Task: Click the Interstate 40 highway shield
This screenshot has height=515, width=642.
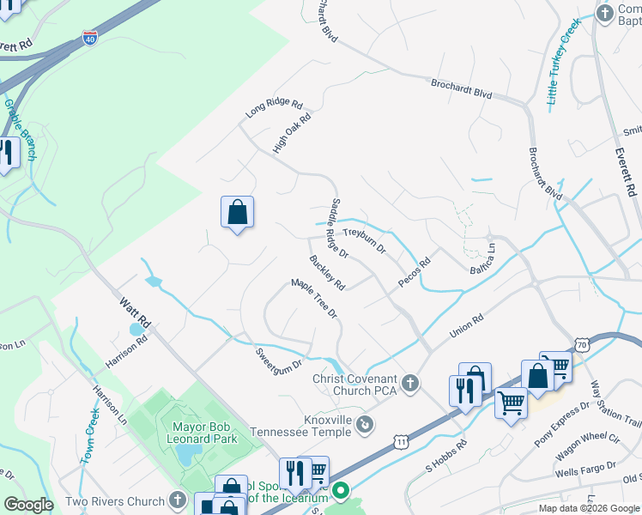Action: [x=91, y=37]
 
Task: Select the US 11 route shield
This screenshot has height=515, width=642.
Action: [x=401, y=440]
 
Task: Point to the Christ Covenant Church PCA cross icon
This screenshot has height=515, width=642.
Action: [x=410, y=383]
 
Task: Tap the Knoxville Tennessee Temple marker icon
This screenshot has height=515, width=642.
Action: [x=366, y=423]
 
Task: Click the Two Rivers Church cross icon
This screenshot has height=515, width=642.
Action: [x=178, y=500]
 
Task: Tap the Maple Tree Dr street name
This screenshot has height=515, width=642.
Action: [x=315, y=299]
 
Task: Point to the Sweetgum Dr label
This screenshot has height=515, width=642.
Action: [x=281, y=357]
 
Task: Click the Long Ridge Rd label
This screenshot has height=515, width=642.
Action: [x=274, y=109]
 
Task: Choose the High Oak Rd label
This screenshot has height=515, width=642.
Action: [x=292, y=134]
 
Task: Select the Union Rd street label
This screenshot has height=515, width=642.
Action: [x=467, y=324]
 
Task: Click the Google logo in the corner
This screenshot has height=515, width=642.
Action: [x=28, y=505]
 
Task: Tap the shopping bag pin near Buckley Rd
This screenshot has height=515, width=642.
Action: [x=237, y=212]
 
